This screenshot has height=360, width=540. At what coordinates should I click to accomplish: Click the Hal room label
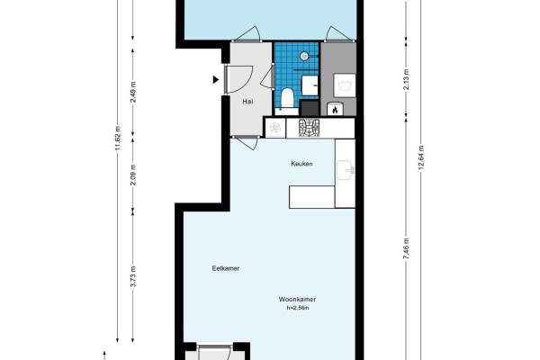pos(247,102)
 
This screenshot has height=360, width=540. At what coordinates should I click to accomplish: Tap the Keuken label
pos(301,164)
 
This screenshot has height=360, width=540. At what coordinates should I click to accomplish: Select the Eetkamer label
pos(226,268)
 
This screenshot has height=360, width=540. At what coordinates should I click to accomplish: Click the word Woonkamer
pos(297,299)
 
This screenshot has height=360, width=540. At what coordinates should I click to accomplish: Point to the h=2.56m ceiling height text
pos(298,308)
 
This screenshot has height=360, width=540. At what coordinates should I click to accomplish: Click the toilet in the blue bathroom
pos(287,98)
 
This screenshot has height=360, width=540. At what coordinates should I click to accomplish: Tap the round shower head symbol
pos(304,56)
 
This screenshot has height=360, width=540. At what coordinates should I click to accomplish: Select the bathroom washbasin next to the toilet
pos(310,85)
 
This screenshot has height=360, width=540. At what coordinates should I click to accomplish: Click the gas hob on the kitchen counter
pos(309,128)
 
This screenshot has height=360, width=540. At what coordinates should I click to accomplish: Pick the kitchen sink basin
pos(345,170)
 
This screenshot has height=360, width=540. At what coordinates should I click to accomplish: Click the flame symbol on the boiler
pos(335,110)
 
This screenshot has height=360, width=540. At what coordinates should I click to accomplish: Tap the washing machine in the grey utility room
pos(345,85)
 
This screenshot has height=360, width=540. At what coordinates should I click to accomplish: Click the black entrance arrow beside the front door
pos(216,79)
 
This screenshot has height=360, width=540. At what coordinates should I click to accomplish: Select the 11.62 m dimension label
pos(118,138)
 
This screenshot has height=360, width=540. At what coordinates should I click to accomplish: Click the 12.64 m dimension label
pos(421,157)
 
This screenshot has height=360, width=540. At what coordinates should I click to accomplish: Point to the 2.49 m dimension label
pos(133,92)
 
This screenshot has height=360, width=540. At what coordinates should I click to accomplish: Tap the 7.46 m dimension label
pos(406,248)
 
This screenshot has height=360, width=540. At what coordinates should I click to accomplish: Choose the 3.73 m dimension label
pos(133,276)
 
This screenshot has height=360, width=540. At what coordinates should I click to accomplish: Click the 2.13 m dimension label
pos(406,79)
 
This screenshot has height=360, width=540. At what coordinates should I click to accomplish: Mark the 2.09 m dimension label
pos(133,175)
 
